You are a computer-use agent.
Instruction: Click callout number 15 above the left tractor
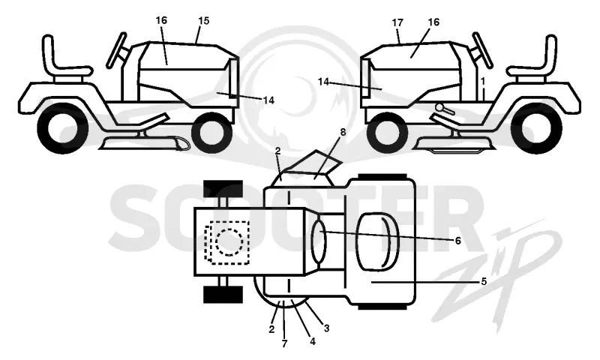(x=204, y=21)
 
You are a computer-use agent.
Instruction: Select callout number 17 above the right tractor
(x=397, y=22)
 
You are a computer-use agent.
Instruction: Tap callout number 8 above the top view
(x=343, y=132)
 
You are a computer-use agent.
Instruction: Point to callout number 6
(x=457, y=241)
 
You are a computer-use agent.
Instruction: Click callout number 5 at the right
(x=484, y=282)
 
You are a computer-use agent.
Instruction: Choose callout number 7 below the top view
(x=284, y=343)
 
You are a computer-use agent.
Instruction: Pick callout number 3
(x=326, y=328)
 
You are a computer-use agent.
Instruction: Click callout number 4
(x=313, y=342)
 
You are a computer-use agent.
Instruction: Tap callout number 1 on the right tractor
(x=483, y=81)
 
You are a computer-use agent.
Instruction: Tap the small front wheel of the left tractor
(x=212, y=132)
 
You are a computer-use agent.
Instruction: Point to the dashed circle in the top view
(x=229, y=242)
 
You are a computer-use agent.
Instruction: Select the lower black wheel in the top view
(x=223, y=294)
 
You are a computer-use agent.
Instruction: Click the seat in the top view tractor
(x=377, y=241)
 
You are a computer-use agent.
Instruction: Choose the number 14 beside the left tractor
(x=268, y=100)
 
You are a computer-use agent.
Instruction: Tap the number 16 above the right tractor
(x=433, y=22)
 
